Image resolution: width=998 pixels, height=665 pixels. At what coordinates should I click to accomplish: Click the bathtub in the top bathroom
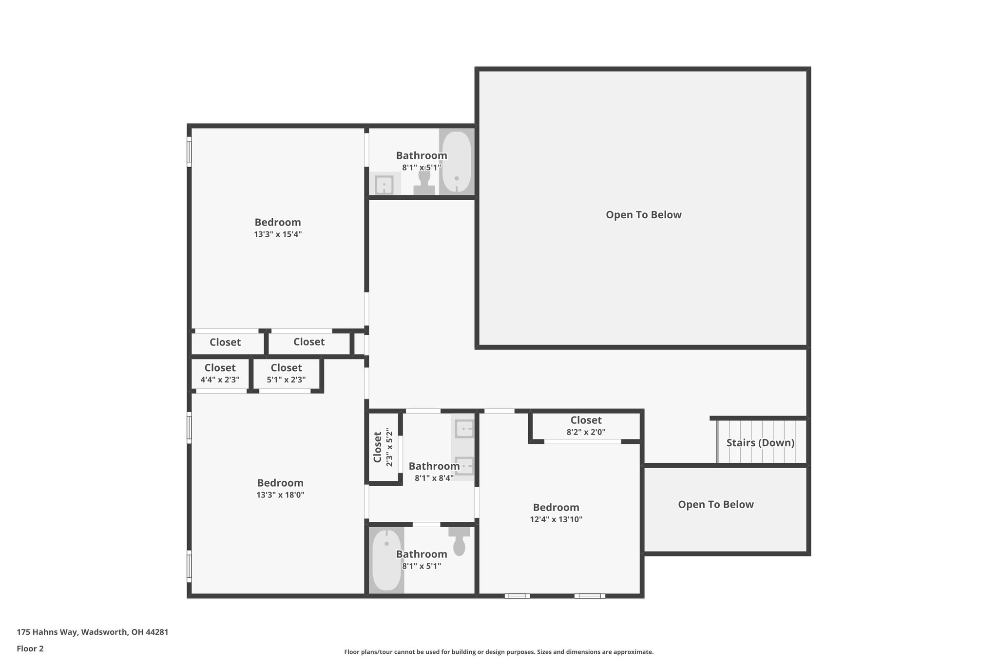coord(457,162)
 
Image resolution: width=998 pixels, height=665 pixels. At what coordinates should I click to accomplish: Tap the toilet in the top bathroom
coord(424,183)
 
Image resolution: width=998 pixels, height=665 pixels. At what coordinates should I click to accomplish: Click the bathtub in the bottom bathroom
coord(386,560)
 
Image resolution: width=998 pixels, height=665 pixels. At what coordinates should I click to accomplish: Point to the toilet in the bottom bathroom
coord(459,541)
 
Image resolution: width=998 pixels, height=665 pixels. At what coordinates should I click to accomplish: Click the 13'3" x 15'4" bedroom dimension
coord(278,234)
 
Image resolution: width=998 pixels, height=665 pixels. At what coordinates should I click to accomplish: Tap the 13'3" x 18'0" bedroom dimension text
coord(280,495)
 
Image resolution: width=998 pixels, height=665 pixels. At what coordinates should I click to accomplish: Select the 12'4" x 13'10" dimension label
coord(556,519)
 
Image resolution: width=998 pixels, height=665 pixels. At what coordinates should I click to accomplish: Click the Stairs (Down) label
coord(760,443)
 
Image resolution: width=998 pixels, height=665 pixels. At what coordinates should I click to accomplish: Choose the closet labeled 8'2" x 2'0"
coord(586,426)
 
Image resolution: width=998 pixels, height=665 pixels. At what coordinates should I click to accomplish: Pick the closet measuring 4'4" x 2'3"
coord(220,374)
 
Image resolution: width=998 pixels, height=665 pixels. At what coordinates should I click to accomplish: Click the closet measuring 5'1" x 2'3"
coord(286,374)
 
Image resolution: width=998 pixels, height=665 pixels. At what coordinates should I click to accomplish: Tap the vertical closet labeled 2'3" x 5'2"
coord(383,447)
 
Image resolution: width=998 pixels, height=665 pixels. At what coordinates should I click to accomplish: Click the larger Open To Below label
coord(643,215)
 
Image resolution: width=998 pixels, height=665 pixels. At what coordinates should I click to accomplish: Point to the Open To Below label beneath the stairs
coord(715,505)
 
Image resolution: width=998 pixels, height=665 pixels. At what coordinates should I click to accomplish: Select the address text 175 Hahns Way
coord(93,632)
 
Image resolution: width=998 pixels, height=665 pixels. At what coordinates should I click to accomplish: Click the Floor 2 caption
coord(30,648)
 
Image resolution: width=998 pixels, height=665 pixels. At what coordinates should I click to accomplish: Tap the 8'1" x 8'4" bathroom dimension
coord(434,478)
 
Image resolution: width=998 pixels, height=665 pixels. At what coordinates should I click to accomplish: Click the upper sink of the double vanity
coord(464,429)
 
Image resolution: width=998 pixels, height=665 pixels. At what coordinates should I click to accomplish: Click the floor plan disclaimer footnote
coord(499,652)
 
